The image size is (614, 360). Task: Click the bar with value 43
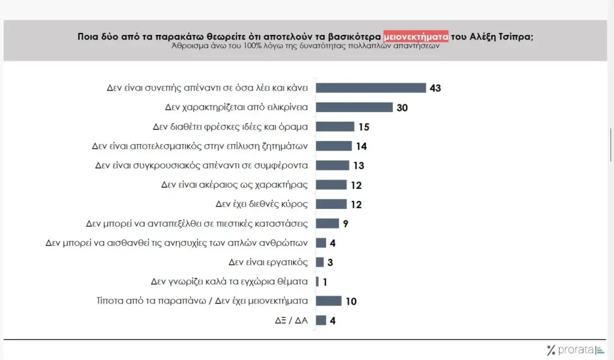coord(370,88)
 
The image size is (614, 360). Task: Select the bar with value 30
coord(354,107)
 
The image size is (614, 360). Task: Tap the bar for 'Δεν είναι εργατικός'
coord(320,262)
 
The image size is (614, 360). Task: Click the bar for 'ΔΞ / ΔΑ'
coord(321,320)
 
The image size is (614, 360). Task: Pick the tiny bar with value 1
coord(317,281)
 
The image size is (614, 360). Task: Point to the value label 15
coord(363,127)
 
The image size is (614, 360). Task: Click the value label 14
coord(361,146)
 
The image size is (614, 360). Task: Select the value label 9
coord(345,223)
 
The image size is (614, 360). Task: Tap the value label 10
coord(351,301)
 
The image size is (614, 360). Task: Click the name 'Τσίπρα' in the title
coord(514,36)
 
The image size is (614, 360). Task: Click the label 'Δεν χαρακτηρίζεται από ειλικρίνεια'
coord(236,107)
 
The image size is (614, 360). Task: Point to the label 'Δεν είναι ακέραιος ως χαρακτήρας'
coord(234,184)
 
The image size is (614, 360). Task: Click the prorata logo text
coord(574,350)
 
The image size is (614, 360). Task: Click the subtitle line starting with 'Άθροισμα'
coord(306,46)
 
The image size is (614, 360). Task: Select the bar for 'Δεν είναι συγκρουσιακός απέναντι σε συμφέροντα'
coord(332,165)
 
